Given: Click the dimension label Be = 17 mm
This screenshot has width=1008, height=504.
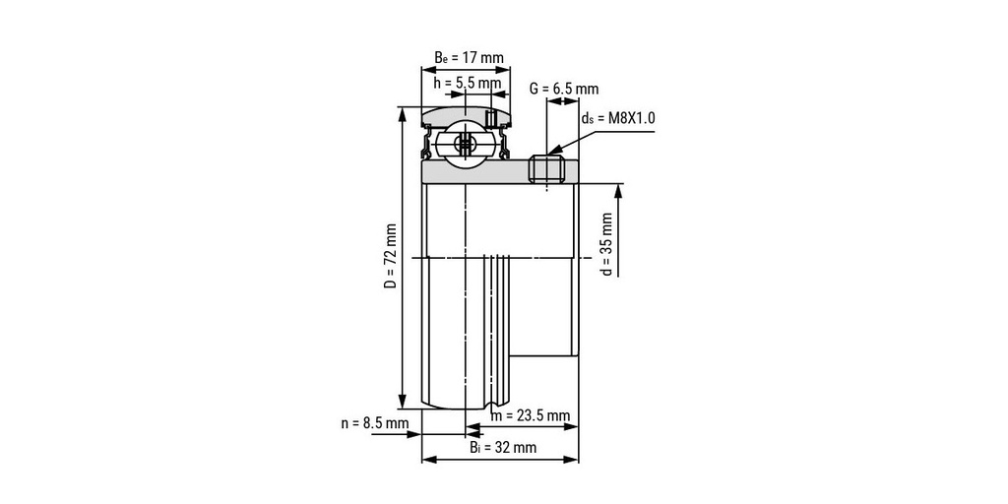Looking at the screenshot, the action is coord(469,57).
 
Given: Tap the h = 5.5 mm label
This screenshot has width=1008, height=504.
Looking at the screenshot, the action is coord(467,83).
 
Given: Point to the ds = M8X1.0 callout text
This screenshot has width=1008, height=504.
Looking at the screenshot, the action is coord(617,118).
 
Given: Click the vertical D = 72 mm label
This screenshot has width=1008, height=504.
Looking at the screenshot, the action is coord(390,257).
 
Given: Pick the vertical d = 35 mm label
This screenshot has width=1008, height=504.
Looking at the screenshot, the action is coord(606,244).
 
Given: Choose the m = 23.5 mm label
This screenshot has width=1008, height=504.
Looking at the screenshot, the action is coord(531,415).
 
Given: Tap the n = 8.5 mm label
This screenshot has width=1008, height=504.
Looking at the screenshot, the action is coord(375,423).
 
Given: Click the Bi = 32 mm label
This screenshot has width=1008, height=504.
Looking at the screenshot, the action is coord(502,448).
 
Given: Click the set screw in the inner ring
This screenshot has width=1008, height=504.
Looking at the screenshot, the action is coord(546,168).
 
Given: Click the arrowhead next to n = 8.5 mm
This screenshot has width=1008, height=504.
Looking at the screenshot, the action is coord(413,434).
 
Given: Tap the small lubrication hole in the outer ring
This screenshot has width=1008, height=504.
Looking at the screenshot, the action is coord(490,118).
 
